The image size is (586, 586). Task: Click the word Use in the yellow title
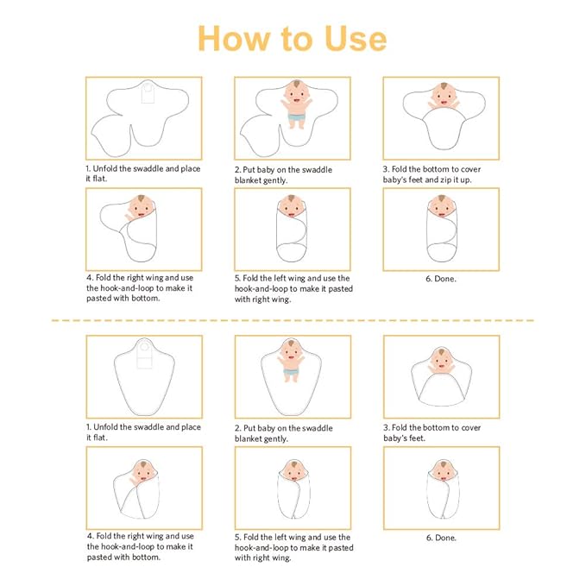tap(356, 39)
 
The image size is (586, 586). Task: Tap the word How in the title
tap(234, 39)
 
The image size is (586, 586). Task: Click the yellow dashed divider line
tap(293, 320)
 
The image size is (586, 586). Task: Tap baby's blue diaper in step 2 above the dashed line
tap(297, 117)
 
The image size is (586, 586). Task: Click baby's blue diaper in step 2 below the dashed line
tap(291, 372)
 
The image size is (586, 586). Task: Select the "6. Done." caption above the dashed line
tap(441, 279)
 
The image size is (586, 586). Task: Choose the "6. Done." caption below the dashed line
tap(441, 538)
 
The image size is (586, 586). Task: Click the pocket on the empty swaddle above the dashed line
tap(148, 93)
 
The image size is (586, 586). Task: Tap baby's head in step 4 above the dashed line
tap(142, 206)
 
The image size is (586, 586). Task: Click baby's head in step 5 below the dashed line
tap(293, 470)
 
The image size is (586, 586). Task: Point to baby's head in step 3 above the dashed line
tap(444, 94)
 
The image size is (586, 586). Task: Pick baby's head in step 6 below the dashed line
tap(444, 470)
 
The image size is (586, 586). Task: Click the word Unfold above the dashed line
tap(106, 169)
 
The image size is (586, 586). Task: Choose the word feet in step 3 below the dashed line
tap(416, 438)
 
